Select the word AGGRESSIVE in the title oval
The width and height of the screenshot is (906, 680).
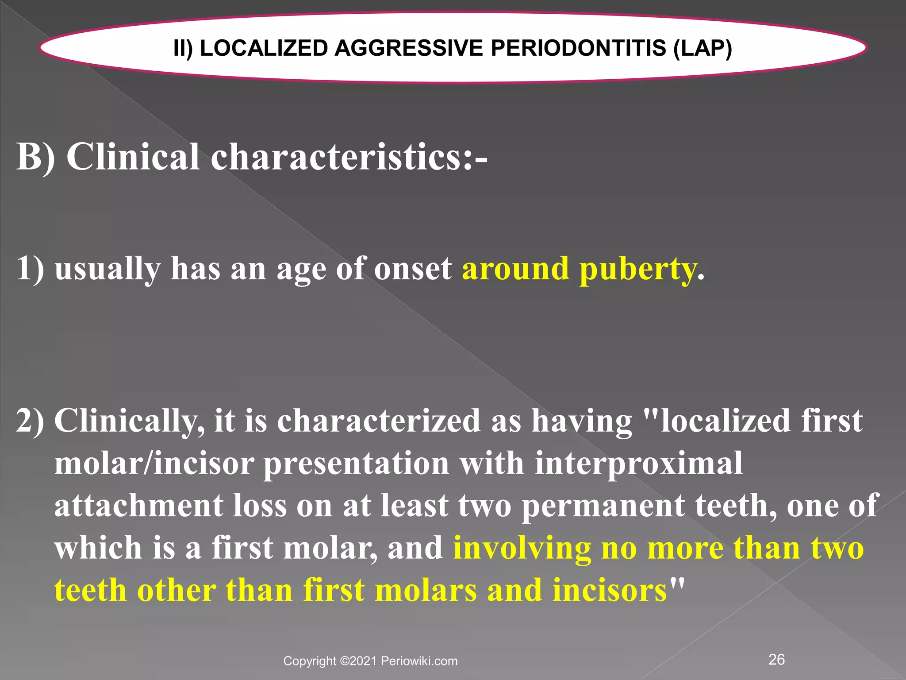(408, 48)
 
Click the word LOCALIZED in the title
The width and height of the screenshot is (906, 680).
(264, 48)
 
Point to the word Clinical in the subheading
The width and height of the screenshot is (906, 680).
(133, 157)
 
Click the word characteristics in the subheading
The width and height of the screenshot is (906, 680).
(336, 157)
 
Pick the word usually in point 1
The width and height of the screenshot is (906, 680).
(107, 269)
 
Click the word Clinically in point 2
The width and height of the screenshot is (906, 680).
(129, 421)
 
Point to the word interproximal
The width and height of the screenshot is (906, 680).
(639, 463)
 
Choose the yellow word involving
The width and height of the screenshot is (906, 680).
(522, 548)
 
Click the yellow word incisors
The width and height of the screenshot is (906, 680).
(610, 590)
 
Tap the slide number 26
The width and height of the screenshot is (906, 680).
(777, 659)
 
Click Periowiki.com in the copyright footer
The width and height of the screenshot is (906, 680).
(419, 661)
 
